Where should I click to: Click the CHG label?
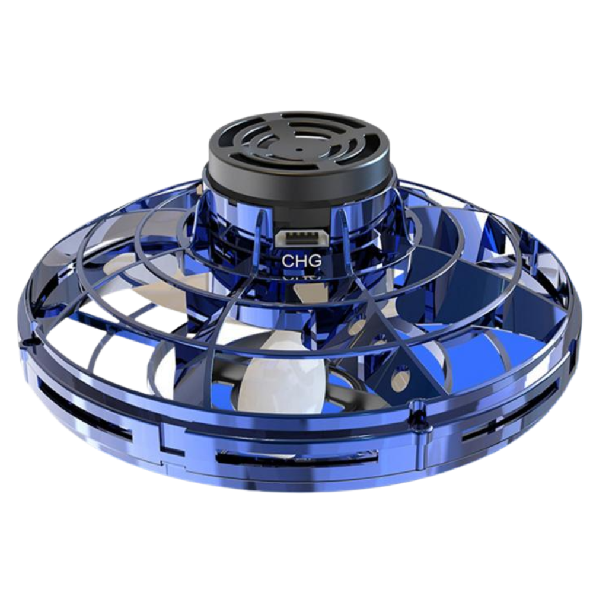point(302,260)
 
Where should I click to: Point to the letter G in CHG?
point(315,260)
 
